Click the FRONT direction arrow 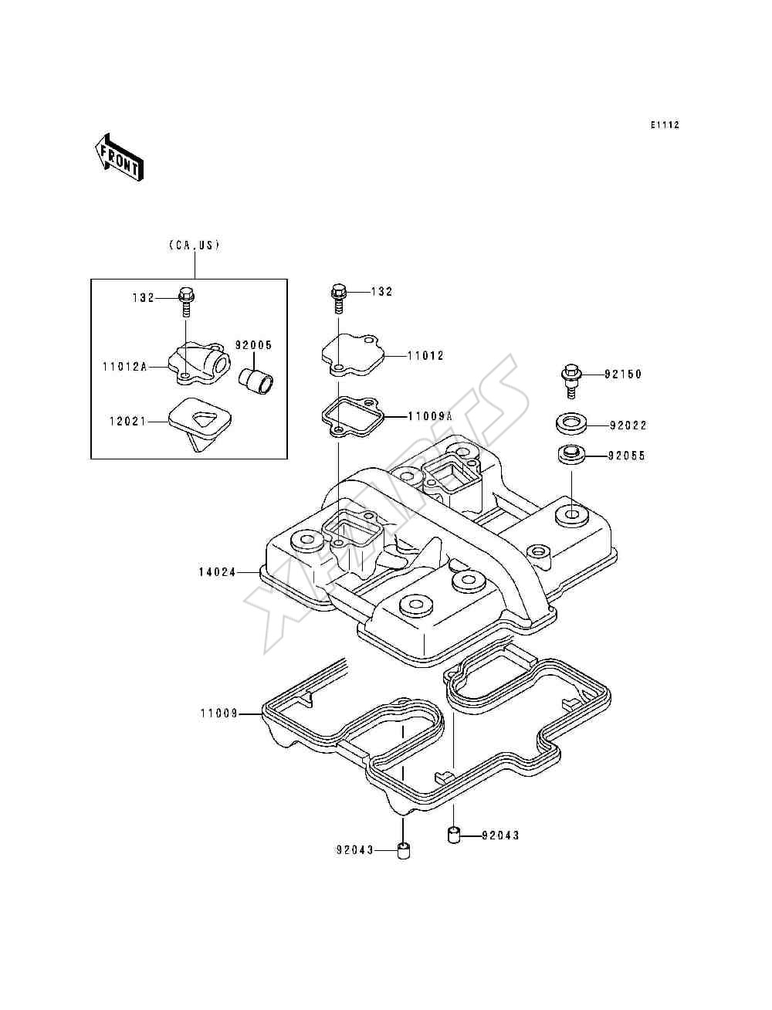pos(119,158)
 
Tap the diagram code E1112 pos(665,125)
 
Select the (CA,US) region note pos(194,246)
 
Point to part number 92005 pos(254,345)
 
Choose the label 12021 pos(127,421)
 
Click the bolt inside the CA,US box pos(186,301)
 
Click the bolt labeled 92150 pos(571,381)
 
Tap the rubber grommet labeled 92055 pos(571,455)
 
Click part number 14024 pos(217,572)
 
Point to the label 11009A pos(430,416)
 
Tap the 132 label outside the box pos(381,291)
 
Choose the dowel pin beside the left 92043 pos(404,850)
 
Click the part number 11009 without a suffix pos(219,713)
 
